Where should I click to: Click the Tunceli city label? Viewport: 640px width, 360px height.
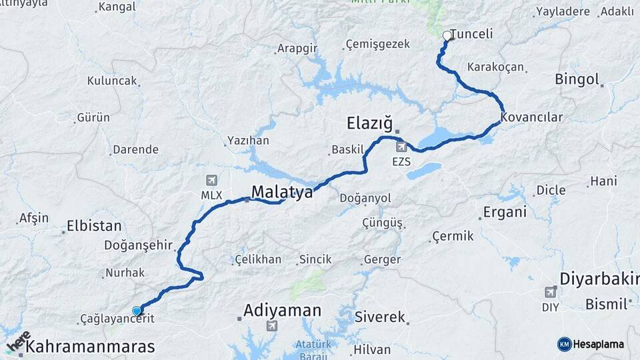(x=472, y=33)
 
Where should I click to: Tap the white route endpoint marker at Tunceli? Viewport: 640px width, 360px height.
(x=447, y=35)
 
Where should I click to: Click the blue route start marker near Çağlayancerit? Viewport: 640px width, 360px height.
(x=137, y=310)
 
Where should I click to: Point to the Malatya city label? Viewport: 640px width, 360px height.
(x=282, y=193)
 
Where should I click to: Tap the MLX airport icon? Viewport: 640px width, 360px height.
(x=212, y=180)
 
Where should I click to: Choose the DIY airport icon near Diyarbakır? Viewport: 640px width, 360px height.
(x=550, y=292)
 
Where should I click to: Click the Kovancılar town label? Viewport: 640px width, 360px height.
(x=532, y=117)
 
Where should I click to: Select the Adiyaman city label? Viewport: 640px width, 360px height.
(x=282, y=310)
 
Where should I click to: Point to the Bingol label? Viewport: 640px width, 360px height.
(x=577, y=80)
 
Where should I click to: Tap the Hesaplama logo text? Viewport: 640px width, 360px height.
(x=599, y=344)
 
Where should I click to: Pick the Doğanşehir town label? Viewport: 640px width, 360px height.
(x=138, y=245)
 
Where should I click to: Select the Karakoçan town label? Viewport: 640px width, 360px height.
(x=495, y=67)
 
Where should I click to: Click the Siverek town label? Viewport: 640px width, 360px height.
(x=380, y=317)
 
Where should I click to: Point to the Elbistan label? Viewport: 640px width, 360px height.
(x=94, y=226)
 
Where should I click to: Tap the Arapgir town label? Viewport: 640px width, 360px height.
(x=297, y=49)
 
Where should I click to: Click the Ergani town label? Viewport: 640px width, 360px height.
(x=505, y=213)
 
